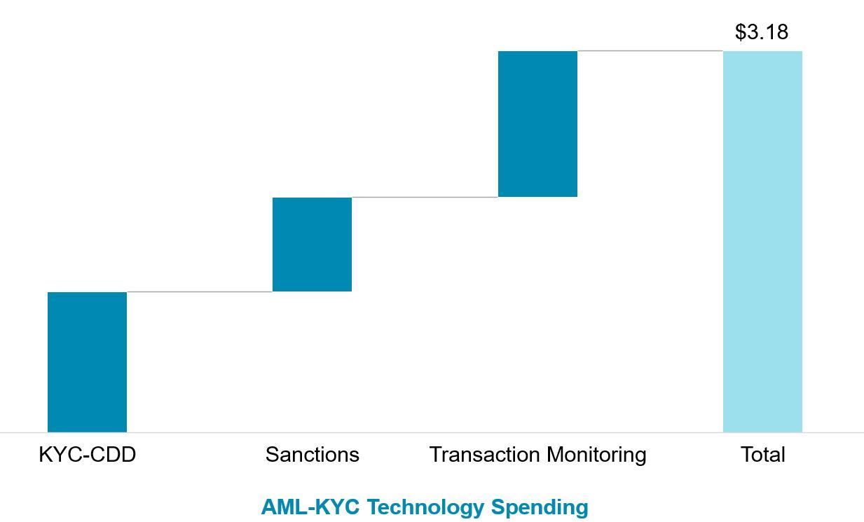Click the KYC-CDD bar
87,362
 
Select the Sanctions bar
312,244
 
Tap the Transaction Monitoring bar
537,124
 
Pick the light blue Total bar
762,242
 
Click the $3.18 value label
762,32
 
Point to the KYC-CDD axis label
87,455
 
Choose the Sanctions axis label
312,455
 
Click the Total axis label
762,455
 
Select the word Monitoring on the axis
597,455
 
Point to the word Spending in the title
540,507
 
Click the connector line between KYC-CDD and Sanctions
200,291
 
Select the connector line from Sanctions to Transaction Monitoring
425,197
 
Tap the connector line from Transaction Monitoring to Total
650,50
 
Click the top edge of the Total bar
762,51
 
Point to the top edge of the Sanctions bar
312,198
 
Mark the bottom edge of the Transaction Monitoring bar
537,197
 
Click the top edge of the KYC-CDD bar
87,292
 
